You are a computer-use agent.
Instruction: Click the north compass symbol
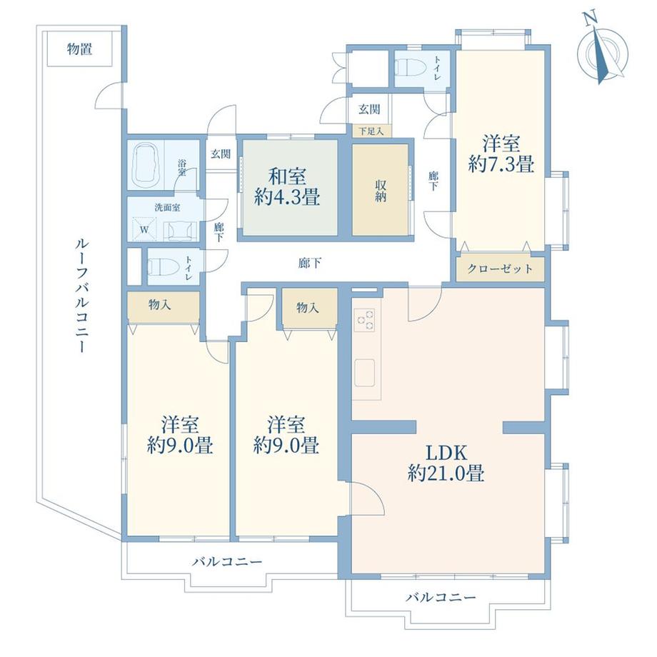click(603, 49)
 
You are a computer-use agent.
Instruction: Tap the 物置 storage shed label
click(79, 49)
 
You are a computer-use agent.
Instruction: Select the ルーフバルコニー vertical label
click(81, 296)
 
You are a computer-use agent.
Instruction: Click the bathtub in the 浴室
click(147, 164)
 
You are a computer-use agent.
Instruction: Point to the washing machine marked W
click(144, 229)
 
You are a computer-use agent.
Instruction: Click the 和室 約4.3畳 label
click(287, 186)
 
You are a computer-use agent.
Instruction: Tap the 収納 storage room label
click(381, 191)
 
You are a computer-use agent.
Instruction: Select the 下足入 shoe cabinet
click(371, 131)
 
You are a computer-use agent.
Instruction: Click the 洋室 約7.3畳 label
click(501, 154)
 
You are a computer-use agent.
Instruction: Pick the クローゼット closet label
click(500, 269)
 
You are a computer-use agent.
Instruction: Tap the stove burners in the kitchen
click(366, 319)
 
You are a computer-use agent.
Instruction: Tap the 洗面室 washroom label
click(168, 207)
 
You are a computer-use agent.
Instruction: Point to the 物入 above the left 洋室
click(160, 305)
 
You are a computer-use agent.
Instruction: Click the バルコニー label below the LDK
click(441, 597)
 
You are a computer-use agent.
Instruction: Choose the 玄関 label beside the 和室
click(221, 154)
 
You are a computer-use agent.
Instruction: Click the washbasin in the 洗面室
click(183, 231)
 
